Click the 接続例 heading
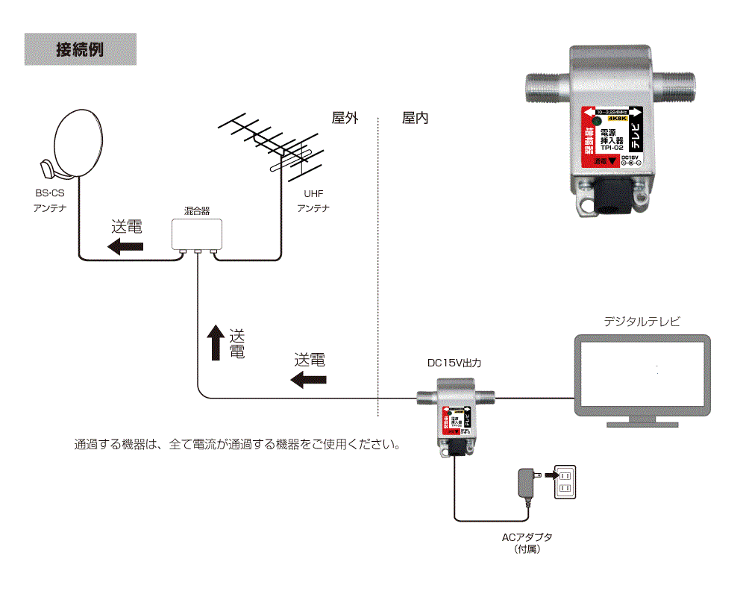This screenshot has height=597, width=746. (80, 50)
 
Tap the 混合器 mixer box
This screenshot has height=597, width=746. (197, 234)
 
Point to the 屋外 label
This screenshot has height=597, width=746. (345, 118)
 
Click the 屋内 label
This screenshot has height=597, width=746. (415, 118)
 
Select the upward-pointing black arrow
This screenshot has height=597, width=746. (215, 343)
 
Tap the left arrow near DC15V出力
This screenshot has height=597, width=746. (308, 380)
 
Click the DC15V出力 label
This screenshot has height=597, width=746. (454, 364)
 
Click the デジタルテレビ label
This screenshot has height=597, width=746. (642, 322)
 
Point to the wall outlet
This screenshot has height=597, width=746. (565, 482)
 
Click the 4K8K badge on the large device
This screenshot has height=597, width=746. (617, 119)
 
